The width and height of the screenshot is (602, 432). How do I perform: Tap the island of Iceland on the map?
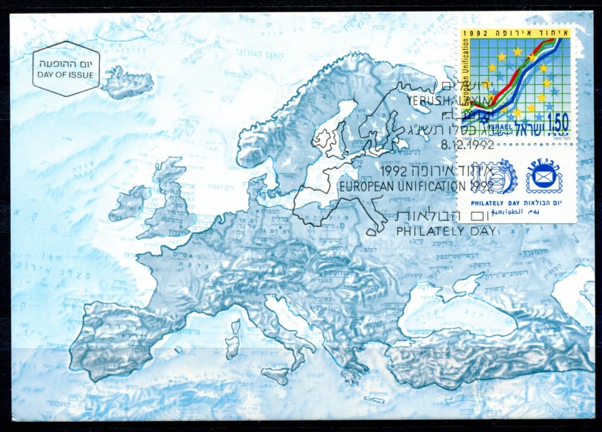[126, 82]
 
